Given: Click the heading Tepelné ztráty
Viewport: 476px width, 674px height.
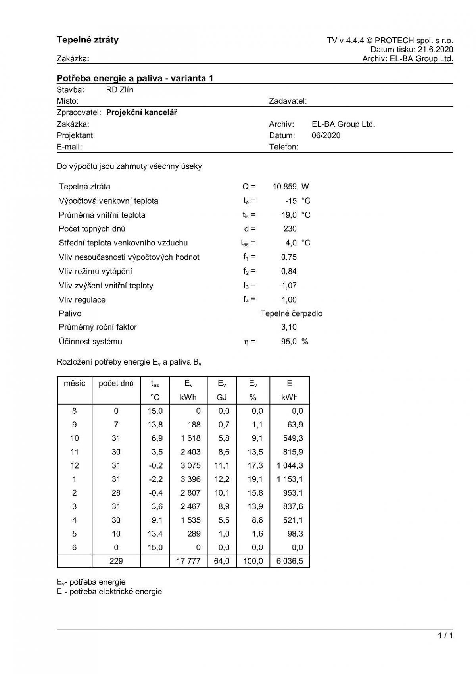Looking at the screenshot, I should (88, 40).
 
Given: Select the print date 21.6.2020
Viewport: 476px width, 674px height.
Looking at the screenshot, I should (435, 50).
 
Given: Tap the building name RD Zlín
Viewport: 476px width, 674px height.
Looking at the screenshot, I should (120, 90).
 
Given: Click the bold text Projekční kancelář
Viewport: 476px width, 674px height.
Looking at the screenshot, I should (142, 112).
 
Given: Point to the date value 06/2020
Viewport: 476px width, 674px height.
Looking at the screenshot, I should (326, 135).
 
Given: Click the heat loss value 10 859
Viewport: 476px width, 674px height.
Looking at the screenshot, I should (284, 187).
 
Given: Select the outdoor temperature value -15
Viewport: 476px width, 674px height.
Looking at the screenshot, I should (291, 201).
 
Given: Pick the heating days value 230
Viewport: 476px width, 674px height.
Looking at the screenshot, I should (290, 229).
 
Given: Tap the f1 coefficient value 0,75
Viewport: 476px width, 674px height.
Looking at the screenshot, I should (289, 257).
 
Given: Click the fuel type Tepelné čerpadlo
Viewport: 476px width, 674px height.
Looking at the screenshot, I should (292, 314).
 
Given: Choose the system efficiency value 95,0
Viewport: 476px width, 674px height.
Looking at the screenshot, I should (289, 342).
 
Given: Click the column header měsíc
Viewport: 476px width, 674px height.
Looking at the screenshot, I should (75, 384).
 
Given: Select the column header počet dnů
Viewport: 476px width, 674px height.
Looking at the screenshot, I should (116, 384).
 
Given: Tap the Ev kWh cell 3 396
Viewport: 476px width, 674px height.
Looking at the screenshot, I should (190, 479).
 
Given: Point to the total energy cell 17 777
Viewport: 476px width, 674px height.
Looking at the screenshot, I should (188, 561).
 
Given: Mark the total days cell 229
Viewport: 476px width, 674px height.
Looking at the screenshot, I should (116, 561).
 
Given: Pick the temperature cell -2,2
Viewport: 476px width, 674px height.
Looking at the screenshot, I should (156, 479).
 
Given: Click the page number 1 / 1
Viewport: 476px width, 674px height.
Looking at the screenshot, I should (445, 636).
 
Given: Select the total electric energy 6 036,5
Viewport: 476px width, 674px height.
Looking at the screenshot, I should (290, 561).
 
